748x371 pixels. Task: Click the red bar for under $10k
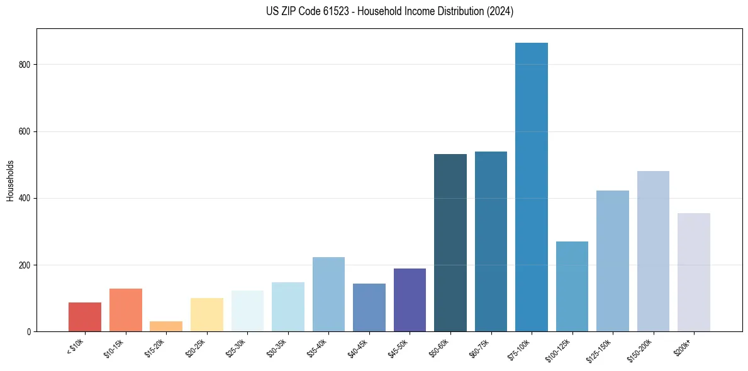(85, 317)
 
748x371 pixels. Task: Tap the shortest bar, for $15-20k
(166, 326)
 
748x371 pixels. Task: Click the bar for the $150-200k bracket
(653, 251)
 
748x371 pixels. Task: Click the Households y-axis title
(10, 180)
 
